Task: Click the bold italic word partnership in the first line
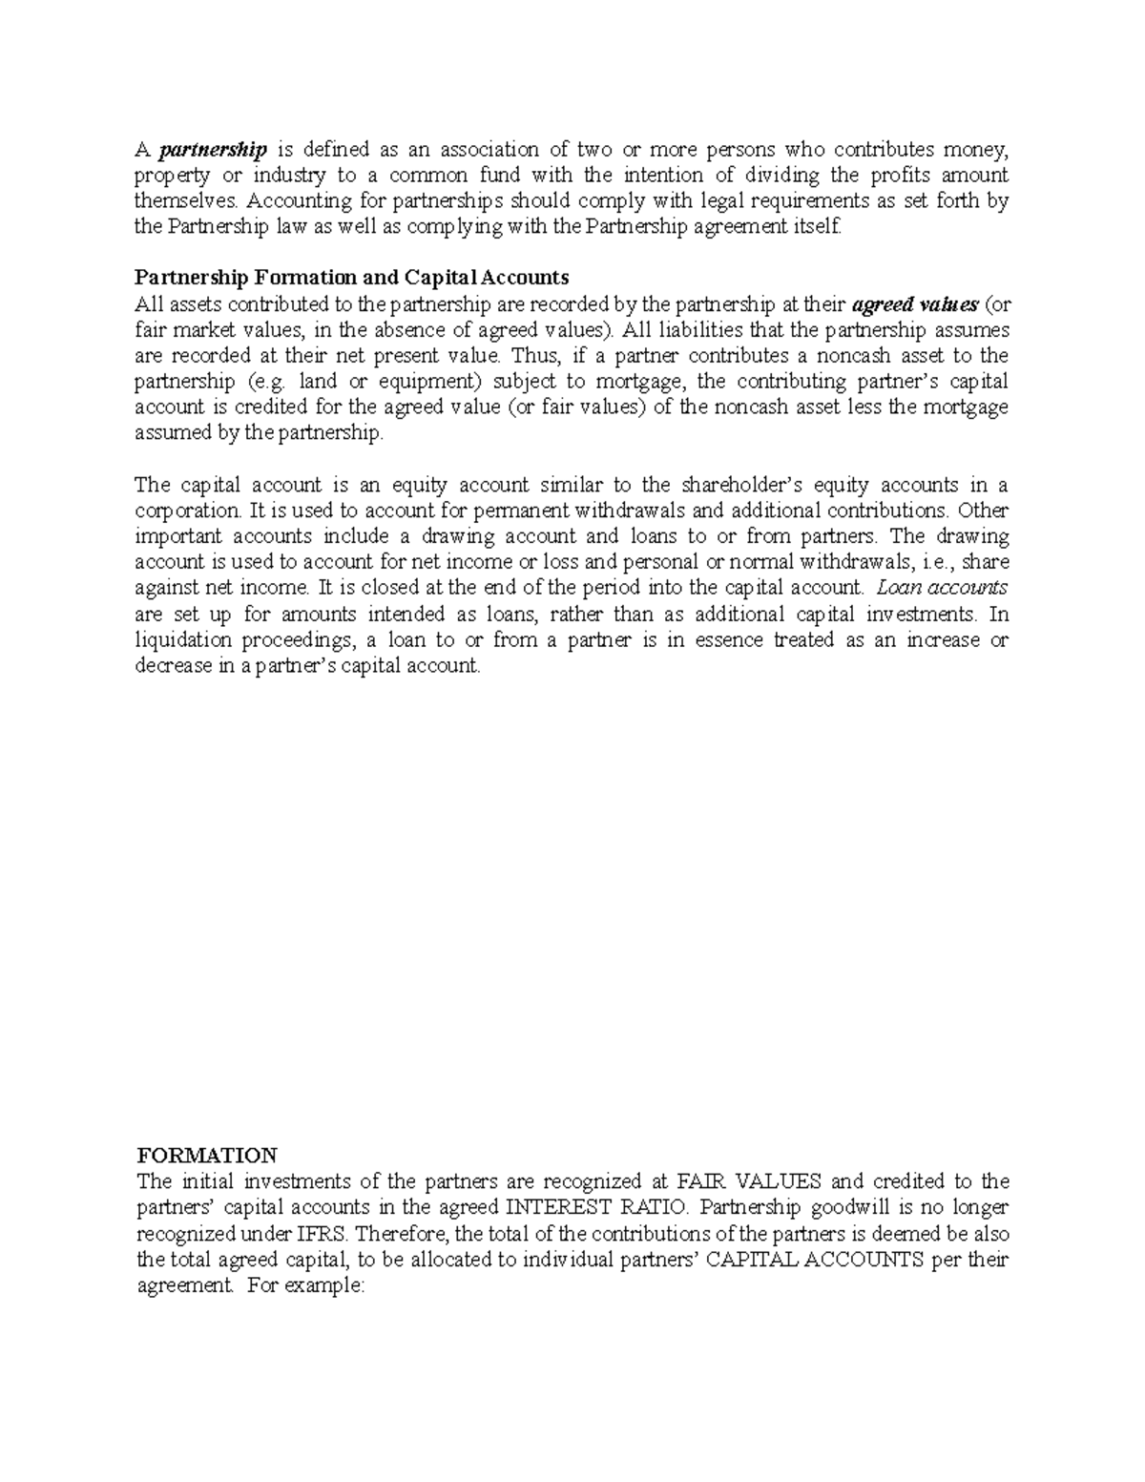click(x=214, y=151)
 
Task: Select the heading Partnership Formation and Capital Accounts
click(x=351, y=278)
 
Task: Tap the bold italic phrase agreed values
click(x=914, y=305)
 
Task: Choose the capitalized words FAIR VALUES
click(x=729, y=1182)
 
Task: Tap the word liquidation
click(x=182, y=640)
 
